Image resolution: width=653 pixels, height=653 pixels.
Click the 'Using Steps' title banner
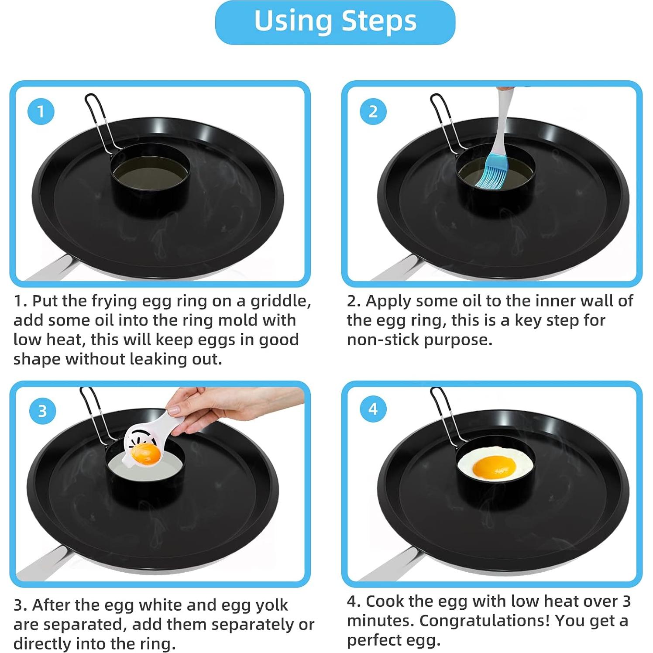point(335,22)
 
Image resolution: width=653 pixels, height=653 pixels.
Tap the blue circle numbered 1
point(41,111)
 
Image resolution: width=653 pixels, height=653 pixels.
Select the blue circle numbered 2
point(373,111)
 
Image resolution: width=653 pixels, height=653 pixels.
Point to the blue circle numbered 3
point(42,411)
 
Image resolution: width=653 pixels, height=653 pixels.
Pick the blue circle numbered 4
point(373,409)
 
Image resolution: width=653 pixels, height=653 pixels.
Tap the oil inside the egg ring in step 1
point(150,174)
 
